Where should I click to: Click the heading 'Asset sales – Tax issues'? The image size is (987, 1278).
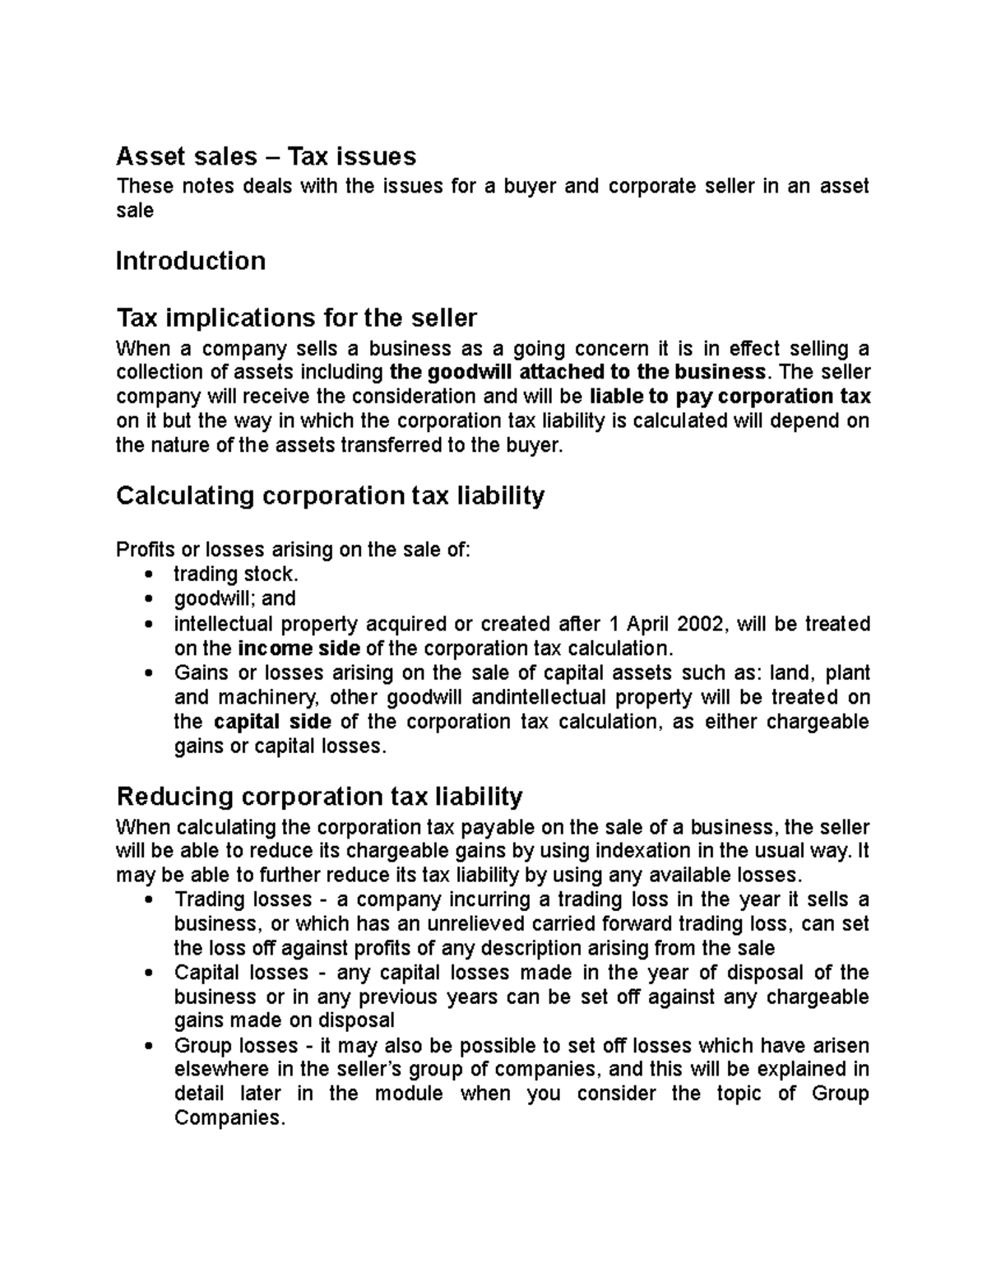pos(266,156)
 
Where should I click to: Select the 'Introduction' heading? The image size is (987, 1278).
pos(191,261)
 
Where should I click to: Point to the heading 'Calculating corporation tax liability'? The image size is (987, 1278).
pos(331,495)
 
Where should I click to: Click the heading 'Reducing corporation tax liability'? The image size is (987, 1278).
pos(320,797)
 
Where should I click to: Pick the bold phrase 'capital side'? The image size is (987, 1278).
pos(272,722)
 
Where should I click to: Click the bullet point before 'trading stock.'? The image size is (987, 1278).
pos(148,574)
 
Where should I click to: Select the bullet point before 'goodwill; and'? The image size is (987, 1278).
pos(148,599)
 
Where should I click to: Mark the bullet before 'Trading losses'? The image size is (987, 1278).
pos(148,899)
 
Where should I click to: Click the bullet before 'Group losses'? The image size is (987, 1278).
pos(148,1047)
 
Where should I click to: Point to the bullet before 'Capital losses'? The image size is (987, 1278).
pos(148,974)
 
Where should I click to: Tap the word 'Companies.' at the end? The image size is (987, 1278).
pos(228,1119)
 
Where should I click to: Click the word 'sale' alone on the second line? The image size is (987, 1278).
pos(135,211)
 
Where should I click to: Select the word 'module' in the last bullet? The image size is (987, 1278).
pos(409,1094)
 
